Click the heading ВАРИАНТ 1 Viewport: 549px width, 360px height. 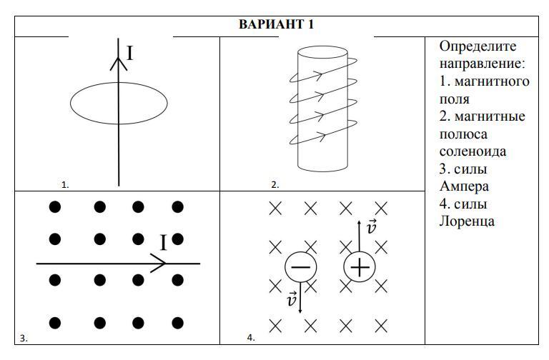pos(276,25)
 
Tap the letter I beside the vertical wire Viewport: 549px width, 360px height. pos(130,54)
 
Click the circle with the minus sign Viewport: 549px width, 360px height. pos(300,267)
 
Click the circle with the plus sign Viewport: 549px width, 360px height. pos(360,267)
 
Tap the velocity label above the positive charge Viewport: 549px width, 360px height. pos(371,228)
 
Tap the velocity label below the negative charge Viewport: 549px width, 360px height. pos(291,300)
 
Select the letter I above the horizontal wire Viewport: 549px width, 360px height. pos(163,244)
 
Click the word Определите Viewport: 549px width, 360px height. pos(478,47)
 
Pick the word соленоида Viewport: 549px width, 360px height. pos(473,151)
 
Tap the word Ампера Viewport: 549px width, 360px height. pos(465,186)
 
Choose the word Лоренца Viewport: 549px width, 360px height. pos(467,221)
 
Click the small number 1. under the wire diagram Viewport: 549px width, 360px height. pos(65,184)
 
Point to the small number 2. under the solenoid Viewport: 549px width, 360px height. pos(274,184)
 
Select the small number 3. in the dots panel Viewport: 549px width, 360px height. pos(24,339)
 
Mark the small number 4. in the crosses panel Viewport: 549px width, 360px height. pos(251,339)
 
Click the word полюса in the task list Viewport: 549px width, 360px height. pos(463,134)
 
